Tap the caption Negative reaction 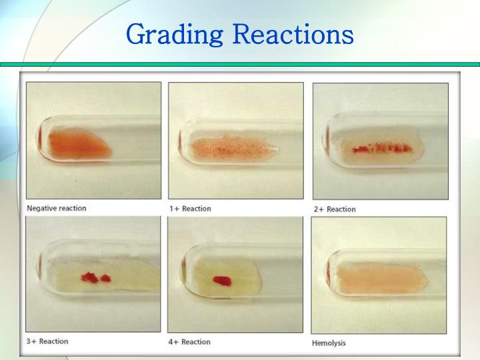[56, 208]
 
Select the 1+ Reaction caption [190, 209]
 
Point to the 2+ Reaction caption [335, 209]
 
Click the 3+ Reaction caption [47, 341]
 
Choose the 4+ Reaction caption [190, 342]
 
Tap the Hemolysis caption [329, 343]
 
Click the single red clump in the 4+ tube [221, 281]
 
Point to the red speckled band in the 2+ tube [380, 148]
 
